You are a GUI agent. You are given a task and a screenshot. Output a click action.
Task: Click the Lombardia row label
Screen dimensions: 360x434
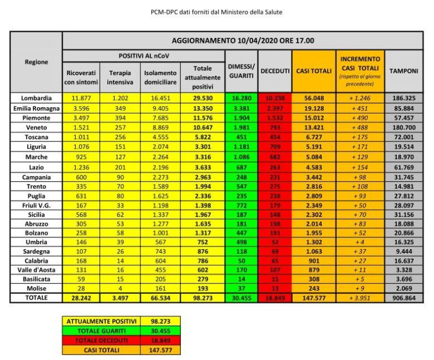(x=36, y=98)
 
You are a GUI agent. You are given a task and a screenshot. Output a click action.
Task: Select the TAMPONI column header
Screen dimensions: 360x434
(x=404, y=71)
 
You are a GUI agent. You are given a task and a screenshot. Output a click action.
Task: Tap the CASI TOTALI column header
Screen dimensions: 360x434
(x=312, y=71)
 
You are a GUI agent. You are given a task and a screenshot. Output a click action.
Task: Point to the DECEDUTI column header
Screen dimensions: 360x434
(x=275, y=71)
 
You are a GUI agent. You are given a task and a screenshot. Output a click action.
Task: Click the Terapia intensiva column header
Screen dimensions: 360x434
(x=119, y=77)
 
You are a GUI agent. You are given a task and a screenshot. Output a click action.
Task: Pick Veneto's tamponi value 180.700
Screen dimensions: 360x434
(x=404, y=127)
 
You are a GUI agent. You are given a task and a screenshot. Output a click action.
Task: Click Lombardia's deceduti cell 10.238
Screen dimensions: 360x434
(x=275, y=98)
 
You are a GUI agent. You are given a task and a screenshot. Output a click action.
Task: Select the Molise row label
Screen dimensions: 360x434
(x=36, y=288)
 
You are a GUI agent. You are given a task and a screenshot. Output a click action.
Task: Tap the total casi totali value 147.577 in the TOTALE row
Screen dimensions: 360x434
(x=312, y=297)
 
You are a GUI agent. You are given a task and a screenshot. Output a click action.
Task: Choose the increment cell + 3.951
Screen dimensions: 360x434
(x=360, y=297)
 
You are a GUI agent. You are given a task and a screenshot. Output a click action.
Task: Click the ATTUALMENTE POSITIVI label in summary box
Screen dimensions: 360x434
(x=99, y=320)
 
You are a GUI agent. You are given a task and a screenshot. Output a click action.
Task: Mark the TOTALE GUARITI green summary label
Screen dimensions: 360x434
(x=99, y=330)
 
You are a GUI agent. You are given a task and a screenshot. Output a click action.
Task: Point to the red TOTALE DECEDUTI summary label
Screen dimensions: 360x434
(x=99, y=340)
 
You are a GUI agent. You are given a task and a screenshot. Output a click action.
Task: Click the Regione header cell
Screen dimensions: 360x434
(x=36, y=62)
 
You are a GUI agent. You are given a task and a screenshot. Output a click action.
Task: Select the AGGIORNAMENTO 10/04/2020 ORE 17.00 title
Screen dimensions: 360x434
(x=242, y=41)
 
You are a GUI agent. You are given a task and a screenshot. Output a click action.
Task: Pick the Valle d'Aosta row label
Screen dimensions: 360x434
(x=36, y=268)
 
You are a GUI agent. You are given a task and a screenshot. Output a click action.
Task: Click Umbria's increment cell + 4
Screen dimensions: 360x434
(x=360, y=240)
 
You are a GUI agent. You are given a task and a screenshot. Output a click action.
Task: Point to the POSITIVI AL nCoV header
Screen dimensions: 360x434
(x=144, y=56)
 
